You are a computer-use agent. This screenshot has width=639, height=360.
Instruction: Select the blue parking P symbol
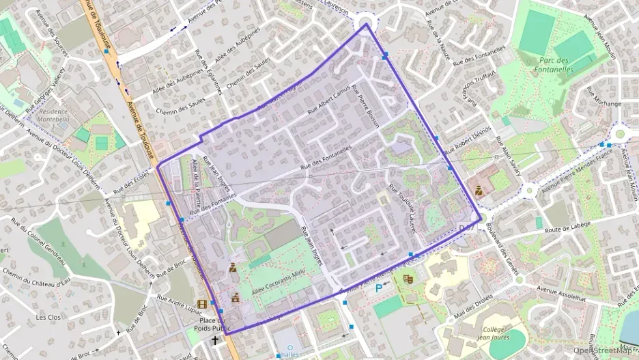click(x=379, y=288)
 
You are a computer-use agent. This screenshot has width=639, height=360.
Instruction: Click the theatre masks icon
click(x=408, y=279)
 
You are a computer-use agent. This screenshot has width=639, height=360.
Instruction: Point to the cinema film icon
click(x=202, y=304)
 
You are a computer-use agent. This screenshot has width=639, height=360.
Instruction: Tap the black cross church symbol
click(x=215, y=340)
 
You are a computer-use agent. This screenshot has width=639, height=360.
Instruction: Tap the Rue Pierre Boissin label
click(x=367, y=109)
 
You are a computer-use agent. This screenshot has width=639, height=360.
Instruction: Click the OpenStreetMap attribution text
click(x=603, y=350)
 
